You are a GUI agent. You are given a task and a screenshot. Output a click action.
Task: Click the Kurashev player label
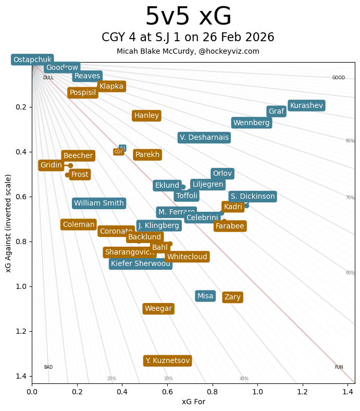(306, 105)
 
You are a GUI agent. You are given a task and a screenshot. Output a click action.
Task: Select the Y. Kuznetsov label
(167, 360)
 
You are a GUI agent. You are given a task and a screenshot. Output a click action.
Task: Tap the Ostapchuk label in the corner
(32, 60)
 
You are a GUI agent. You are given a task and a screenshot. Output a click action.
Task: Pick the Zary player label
(232, 297)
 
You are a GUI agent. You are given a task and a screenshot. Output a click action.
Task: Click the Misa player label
(205, 296)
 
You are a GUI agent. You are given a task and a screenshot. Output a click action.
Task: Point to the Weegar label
(158, 309)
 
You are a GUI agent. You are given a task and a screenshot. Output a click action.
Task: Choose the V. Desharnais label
(204, 138)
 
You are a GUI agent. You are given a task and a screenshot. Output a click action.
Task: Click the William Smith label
(99, 203)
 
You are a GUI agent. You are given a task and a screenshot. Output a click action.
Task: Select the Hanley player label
(146, 116)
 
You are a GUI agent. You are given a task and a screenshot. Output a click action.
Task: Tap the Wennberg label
(251, 123)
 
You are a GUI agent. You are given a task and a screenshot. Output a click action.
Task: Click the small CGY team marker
(118, 152)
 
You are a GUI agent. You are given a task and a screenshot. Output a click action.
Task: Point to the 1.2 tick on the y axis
(20, 331)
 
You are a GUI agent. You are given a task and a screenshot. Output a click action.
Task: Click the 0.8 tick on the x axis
(213, 390)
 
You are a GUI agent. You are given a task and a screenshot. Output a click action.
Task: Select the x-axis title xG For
(193, 402)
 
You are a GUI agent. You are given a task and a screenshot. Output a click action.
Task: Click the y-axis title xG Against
(8, 223)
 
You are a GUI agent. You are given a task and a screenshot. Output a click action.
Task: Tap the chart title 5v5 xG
(188, 17)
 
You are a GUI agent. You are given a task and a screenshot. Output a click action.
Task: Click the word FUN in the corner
(339, 367)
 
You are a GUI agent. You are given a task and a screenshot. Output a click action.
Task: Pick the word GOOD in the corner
(339, 78)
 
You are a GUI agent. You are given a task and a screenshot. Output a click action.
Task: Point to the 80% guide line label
(350, 141)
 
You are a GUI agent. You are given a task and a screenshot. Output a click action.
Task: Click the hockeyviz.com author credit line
(188, 51)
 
